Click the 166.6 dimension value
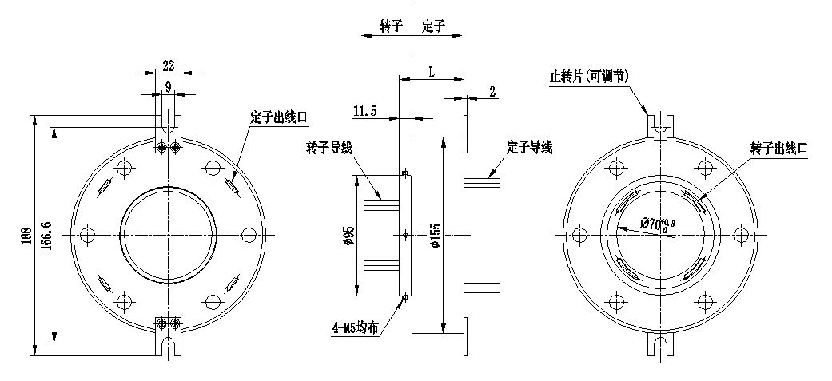(x=47, y=237)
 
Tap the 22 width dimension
(x=169, y=65)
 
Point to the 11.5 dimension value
(x=364, y=110)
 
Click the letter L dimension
(x=432, y=71)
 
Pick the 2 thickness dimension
(x=492, y=92)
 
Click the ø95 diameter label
(x=348, y=236)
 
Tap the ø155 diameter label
(x=436, y=236)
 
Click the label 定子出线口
(x=278, y=117)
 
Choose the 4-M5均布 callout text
(x=356, y=327)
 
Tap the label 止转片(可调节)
(x=590, y=76)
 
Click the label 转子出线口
(x=780, y=148)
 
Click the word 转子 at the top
(x=391, y=26)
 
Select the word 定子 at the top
(x=433, y=26)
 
